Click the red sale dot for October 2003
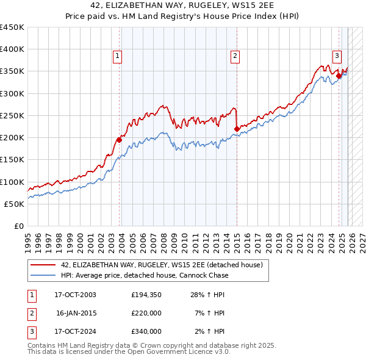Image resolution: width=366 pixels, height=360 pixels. coord(120,140)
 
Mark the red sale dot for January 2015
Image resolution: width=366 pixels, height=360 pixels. coord(237,129)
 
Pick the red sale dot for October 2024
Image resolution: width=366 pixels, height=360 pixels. coord(339,76)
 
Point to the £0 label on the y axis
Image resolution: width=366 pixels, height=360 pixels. coord(19,226)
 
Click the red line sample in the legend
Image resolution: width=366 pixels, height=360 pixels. coord(43,265)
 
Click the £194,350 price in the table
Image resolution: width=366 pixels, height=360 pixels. coord(146,295)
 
